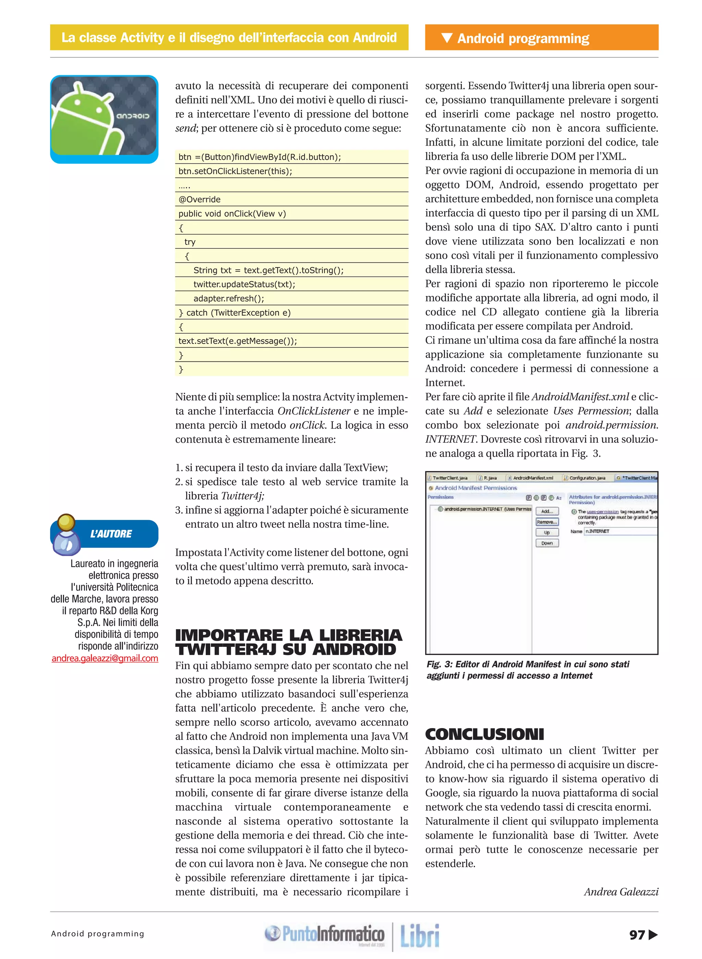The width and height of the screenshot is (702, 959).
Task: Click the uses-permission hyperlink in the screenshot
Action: point(602,512)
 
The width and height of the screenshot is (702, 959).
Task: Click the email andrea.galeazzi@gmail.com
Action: point(105,658)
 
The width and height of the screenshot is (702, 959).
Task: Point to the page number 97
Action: point(637,934)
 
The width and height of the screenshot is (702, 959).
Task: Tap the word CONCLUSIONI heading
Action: point(484,734)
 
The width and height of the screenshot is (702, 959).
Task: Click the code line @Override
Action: point(199,199)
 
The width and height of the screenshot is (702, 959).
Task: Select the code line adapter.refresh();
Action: point(229,298)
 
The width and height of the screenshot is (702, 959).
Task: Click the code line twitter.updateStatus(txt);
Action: point(244,284)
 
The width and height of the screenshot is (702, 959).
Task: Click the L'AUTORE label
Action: point(111,534)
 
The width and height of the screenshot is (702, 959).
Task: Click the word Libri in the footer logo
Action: point(420,935)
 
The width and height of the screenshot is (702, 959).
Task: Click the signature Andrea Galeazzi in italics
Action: point(621,892)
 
